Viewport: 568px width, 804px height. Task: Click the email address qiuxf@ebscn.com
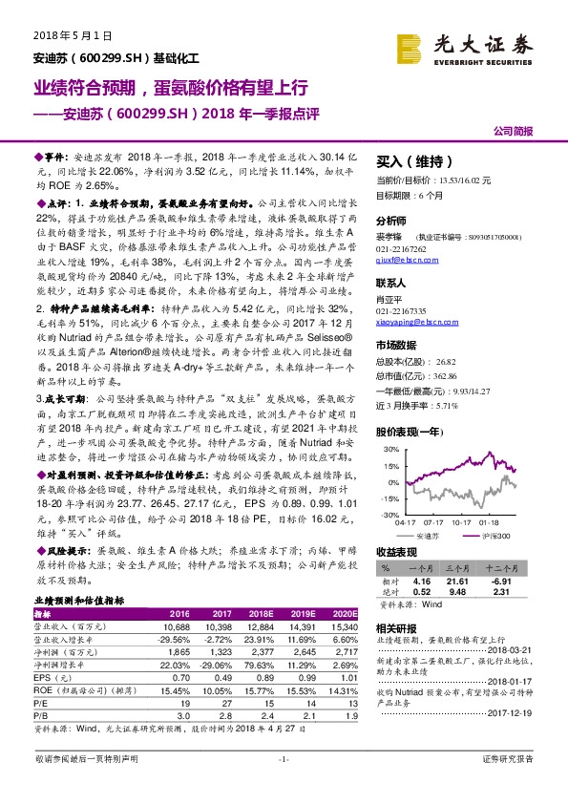pos(407,258)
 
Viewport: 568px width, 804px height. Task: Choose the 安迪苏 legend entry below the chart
pos(448,535)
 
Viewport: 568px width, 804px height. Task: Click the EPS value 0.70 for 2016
pos(180,675)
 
